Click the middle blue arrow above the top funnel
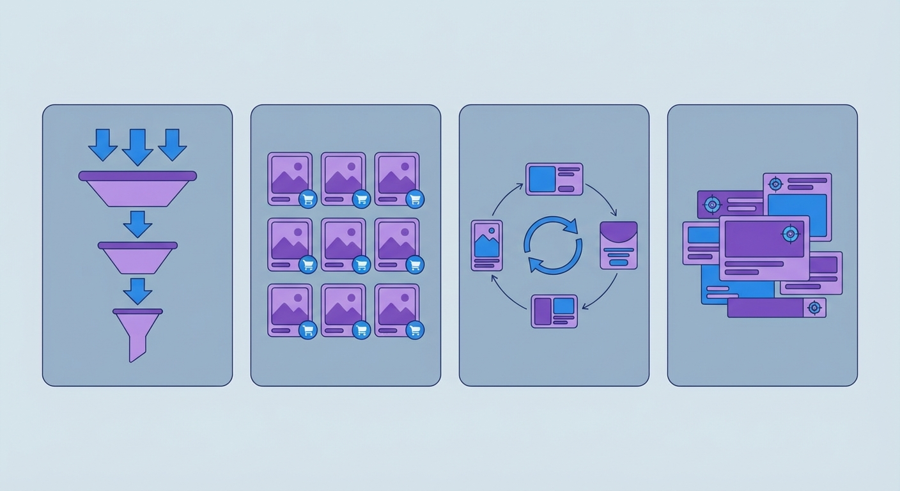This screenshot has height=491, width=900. click(137, 146)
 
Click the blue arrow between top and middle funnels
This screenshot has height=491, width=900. click(137, 224)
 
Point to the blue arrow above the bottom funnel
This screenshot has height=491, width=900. click(137, 291)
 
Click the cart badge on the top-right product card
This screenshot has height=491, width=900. click(415, 198)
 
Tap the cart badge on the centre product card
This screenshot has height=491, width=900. click(361, 264)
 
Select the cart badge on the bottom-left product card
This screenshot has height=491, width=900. click(307, 330)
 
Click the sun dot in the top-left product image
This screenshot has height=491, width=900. click(297, 166)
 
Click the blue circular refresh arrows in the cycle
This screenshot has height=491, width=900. click(553, 245)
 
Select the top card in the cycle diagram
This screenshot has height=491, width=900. click(554, 179)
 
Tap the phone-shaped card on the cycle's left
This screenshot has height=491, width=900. click(486, 245)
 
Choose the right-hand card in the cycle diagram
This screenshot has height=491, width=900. click(619, 245)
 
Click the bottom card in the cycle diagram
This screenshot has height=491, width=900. click(554, 311)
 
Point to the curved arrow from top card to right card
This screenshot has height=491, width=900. click(604, 198)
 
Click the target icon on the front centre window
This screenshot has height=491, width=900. click(791, 234)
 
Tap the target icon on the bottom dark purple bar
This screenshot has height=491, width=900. click(814, 308)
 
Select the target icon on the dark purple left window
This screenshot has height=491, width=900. click(711, 205)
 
